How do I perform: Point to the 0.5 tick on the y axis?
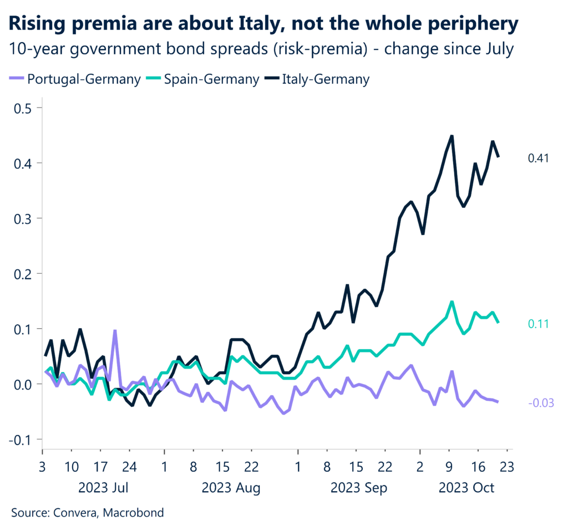click(x=24, y=108)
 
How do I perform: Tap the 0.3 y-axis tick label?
click(x=24, y=218)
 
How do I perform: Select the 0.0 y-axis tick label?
click(x=24, y=384)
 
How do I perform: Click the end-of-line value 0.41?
click(x=538, y=159)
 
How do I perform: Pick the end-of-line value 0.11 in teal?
click(x=538, y=324)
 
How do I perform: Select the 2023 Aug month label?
click(x=231, y=488)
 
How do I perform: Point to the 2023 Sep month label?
click(x=359, y=488)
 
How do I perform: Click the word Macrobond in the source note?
click(x=136, y=513)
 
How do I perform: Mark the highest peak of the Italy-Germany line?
click(x=452, y=136)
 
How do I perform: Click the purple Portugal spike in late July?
click(x=114, y=331)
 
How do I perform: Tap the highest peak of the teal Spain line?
click(x=452, y=302)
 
